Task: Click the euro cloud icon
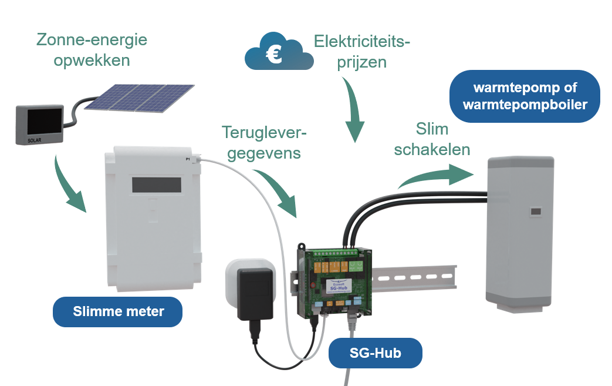278,52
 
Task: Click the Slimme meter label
118,312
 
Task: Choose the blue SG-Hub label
376,353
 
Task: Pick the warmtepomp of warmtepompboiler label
525,96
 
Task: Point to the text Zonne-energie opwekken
92,50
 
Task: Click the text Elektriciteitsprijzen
362,52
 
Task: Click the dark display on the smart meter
155,184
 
